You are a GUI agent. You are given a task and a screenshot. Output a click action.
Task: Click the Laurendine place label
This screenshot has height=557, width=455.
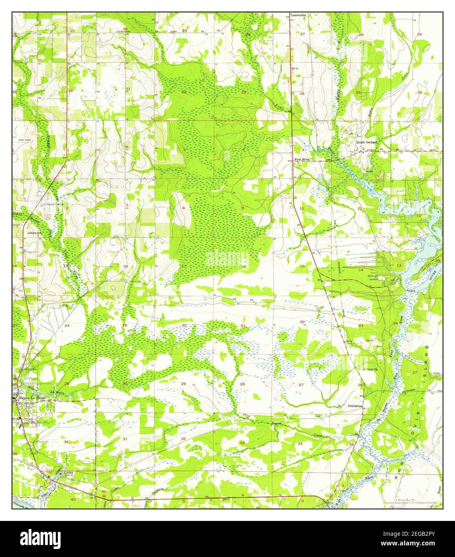[299, 15]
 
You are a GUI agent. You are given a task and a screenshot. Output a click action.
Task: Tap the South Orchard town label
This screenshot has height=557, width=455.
[367, 142]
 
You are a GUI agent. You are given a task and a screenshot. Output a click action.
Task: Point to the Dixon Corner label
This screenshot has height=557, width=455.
[53, 204]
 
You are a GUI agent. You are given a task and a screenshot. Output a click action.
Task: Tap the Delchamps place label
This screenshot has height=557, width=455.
[355, 406]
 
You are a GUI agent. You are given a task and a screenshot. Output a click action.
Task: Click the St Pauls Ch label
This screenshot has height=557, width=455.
[370, 369]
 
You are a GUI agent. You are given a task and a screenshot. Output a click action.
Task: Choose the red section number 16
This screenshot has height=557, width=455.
[243, 266]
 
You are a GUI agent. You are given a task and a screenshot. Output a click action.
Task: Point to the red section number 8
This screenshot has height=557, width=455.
[184, 208]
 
